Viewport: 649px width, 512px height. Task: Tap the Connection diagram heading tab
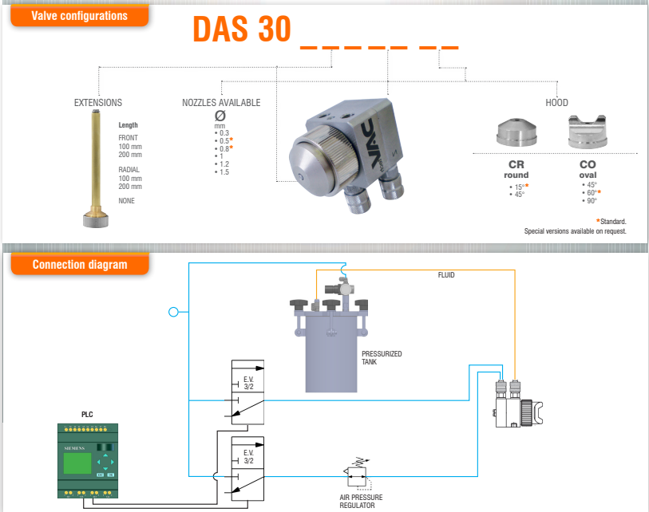click(x=79, y=264)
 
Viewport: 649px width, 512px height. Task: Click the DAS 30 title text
click(x=241, y=30)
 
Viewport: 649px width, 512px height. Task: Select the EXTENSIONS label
click(x=98, y=103)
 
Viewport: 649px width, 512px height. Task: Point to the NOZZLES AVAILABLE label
click(x=221, y=103)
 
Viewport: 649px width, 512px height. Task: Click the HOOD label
click(x=556, y=103)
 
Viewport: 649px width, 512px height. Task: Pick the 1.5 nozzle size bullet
click(x=224, y=172)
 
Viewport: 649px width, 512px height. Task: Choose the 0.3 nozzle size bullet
click(x=224, y=132)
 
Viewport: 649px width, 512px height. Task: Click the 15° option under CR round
click(x=519, y=186)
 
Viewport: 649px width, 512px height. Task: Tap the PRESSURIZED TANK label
click(x=382, y=357)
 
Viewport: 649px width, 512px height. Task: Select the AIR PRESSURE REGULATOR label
click(x=357, y=501)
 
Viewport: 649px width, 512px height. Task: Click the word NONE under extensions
click(x=127, y=201)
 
